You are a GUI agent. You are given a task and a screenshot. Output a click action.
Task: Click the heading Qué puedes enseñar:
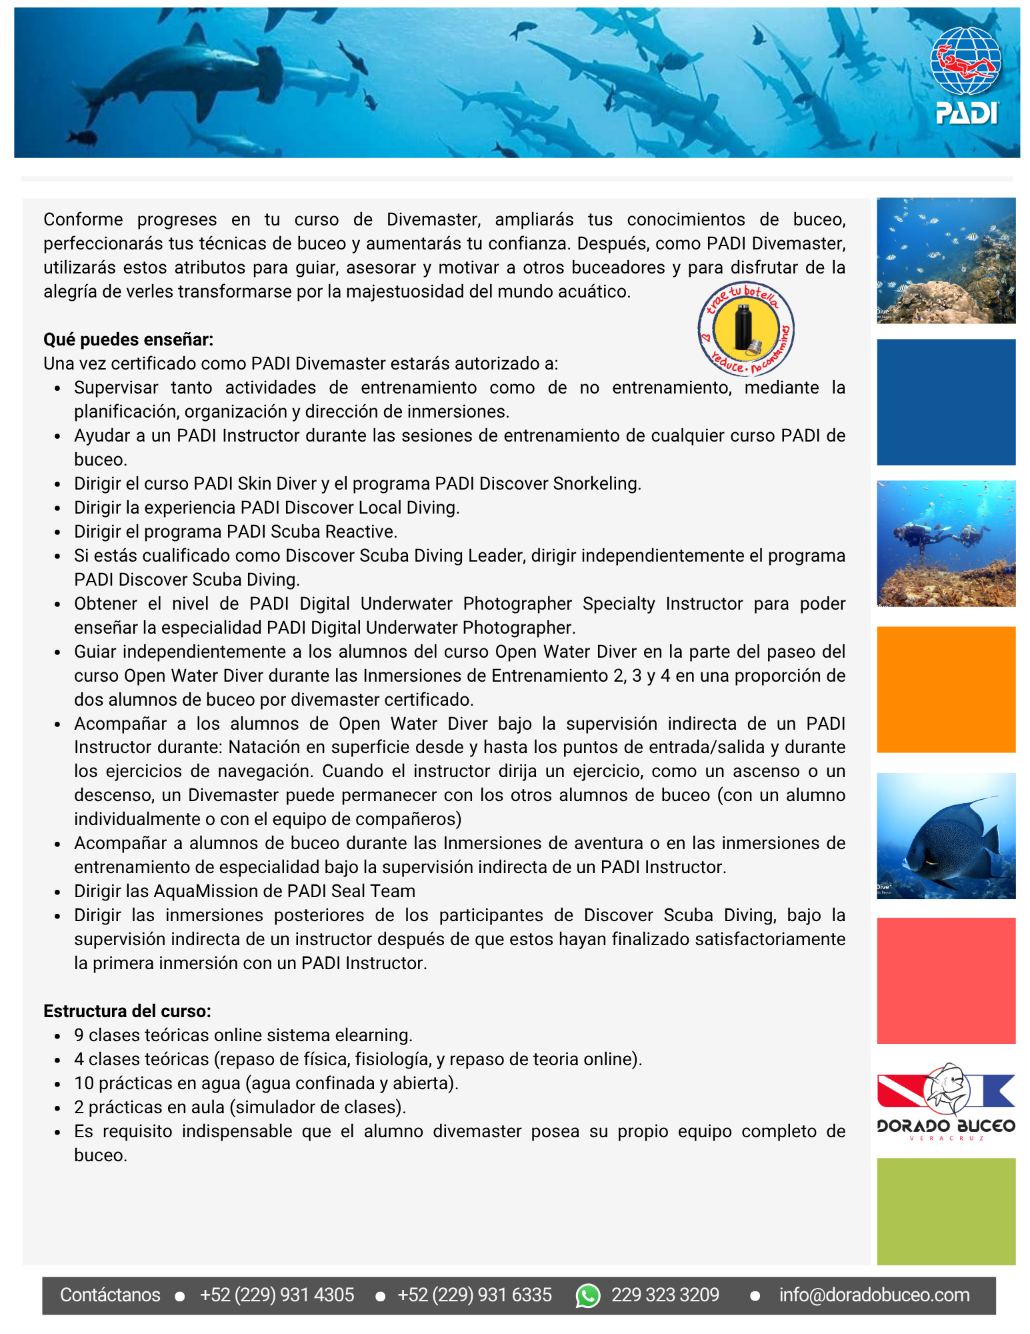point(128,340)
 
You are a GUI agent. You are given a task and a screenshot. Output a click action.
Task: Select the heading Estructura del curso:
point(127,1011)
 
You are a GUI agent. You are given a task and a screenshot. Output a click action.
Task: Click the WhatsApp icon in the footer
point(587,1295)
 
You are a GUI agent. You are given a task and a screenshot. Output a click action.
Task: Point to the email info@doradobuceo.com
point(874,1295)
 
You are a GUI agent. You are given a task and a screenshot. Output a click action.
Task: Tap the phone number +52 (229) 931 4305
point(277,1295)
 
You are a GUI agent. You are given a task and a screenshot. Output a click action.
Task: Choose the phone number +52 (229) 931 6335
point(474,1295)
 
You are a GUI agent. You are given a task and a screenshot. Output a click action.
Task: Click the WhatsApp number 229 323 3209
point(665,1295)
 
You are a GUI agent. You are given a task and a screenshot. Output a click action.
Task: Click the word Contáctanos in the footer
point(110,1295)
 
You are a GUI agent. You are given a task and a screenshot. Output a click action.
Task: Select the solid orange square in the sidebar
point(945,690)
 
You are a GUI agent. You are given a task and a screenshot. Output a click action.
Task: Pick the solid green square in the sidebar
point(945,1211)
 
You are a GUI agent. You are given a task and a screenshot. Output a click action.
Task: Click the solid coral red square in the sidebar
point(945,980)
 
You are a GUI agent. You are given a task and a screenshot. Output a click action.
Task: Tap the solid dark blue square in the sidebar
point(945,402)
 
